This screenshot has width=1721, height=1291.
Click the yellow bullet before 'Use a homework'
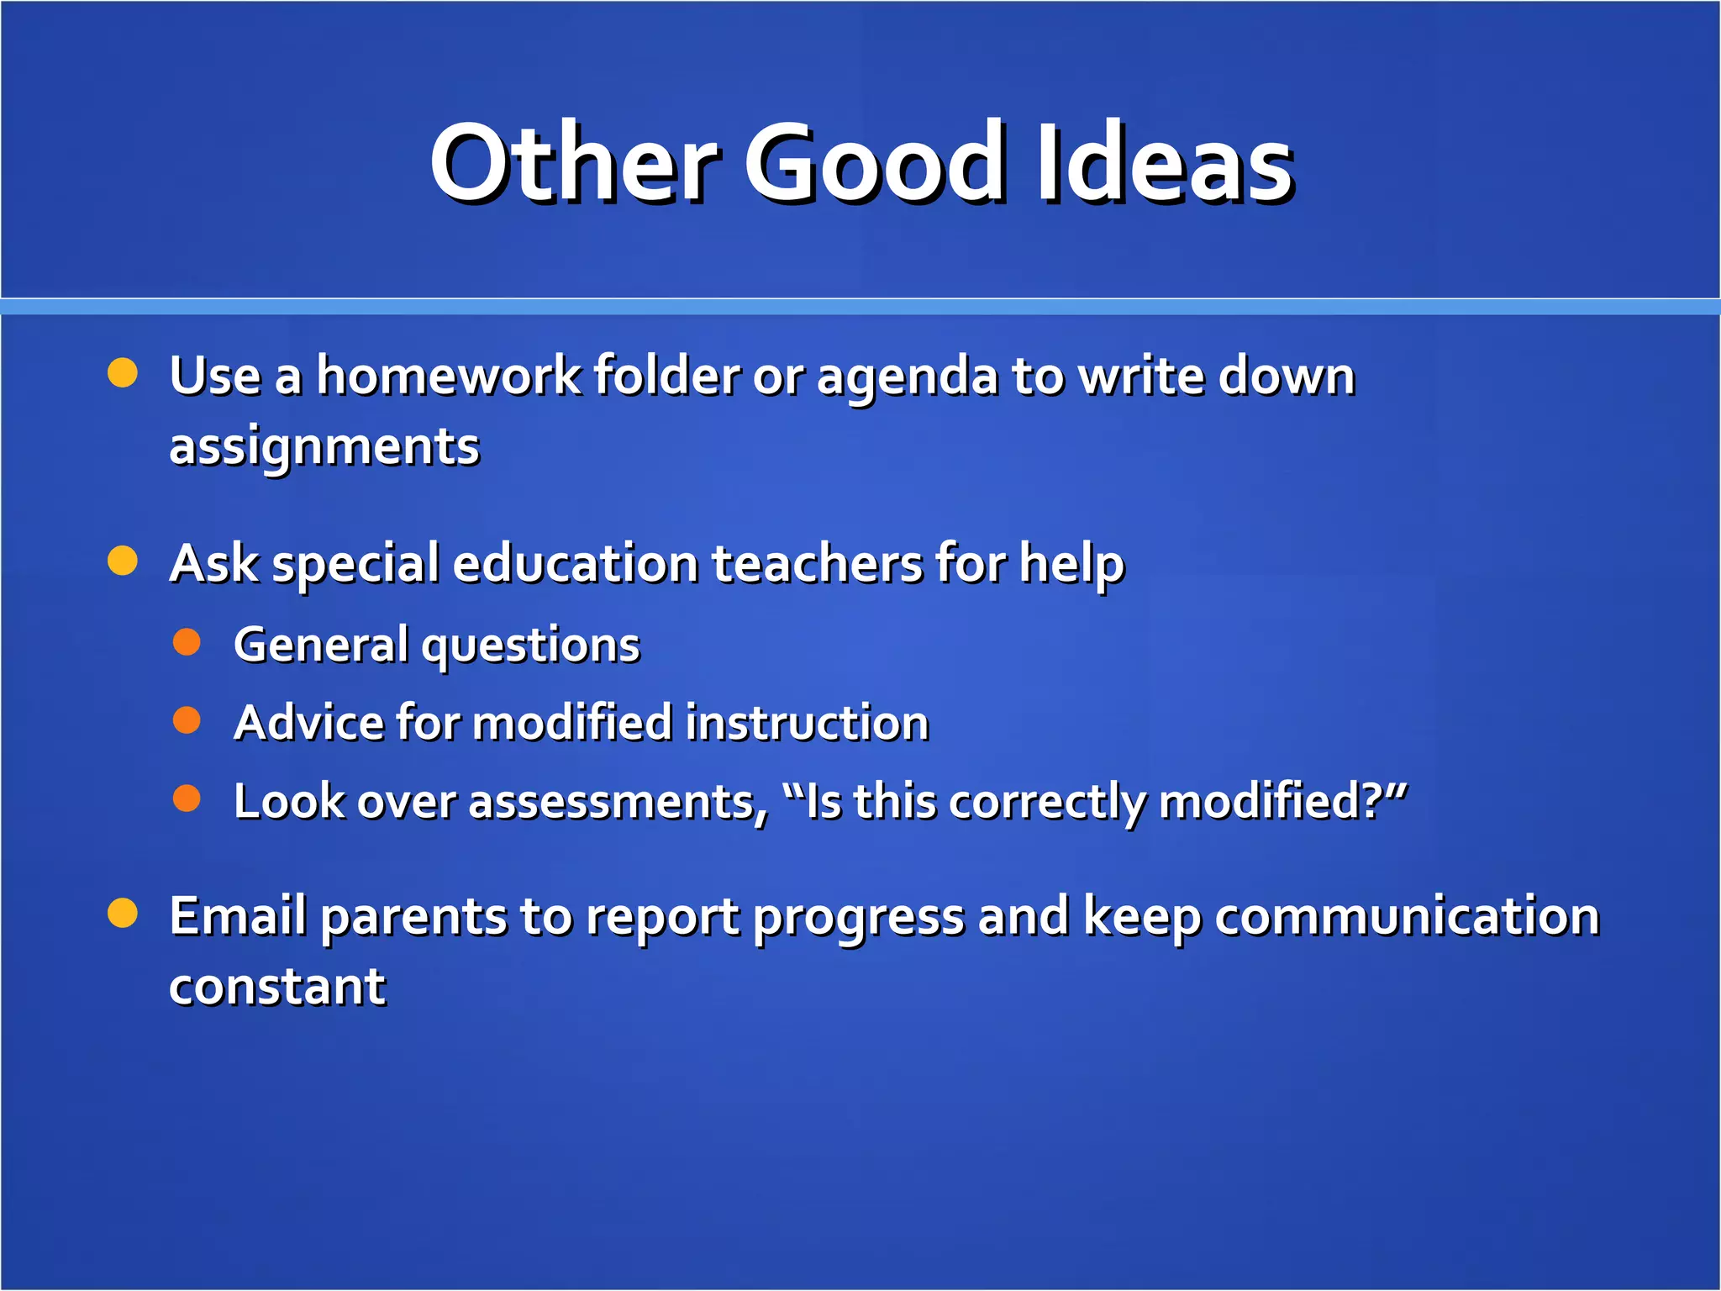click(123, 372)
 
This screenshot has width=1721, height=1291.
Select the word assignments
click(324, 447)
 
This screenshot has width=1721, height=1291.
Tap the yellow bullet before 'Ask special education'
click(123, 561)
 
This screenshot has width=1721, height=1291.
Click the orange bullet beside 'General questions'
click(187, 642)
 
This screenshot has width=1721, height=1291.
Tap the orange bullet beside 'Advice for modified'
click(187, 720)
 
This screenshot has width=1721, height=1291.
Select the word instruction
click(807, 723)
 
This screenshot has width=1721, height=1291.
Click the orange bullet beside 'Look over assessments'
click(187, 798)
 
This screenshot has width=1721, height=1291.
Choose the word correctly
click(1047, 802)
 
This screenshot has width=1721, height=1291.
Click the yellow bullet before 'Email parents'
click(123, 913)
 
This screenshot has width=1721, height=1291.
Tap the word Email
click(238, 915)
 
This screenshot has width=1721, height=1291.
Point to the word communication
click(1407, 915)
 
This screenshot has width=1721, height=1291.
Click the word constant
click(277, 987)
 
